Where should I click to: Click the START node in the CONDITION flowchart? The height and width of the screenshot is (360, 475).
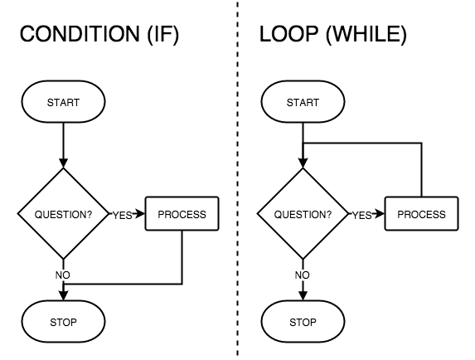point(63,103)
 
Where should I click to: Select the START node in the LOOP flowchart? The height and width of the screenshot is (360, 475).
point(303,103)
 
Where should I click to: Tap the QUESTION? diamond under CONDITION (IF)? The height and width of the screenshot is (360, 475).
point(63,214)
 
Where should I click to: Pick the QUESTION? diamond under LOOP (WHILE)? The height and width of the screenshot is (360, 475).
point(303,214)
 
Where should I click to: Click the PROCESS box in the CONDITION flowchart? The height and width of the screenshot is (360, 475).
point(182,214)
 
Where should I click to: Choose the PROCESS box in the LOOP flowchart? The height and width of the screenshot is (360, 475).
point(421,214)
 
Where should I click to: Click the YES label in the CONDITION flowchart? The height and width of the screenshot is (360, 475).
point(122,215)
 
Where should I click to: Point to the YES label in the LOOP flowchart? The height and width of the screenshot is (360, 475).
point(361,215)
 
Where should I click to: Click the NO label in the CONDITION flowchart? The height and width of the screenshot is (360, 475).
point(63,274)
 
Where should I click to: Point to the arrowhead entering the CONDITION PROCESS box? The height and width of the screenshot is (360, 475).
point(141,214)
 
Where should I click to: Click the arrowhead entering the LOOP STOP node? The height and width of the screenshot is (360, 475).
point(303,296)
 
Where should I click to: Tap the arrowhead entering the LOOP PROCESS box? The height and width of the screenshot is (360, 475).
point(380,214)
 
